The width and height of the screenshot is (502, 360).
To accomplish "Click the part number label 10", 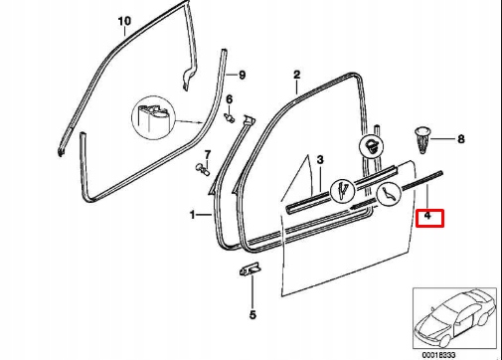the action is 124,21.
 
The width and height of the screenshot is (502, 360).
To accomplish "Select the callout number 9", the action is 243,75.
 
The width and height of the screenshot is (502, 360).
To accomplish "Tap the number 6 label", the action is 230,99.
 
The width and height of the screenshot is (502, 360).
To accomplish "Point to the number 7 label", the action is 208,155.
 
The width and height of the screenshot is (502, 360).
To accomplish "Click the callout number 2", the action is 296,75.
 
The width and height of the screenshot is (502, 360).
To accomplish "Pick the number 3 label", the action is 320,160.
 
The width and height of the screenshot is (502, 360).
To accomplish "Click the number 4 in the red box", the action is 427,216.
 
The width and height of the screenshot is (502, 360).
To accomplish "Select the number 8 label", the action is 461,139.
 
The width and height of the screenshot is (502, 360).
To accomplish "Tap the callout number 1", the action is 193,215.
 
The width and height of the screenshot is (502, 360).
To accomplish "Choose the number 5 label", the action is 252,314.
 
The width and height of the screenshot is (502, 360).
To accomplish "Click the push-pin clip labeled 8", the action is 421,139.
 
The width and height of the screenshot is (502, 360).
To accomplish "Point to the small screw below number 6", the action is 229,117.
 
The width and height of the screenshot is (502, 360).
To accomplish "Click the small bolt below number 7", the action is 203,169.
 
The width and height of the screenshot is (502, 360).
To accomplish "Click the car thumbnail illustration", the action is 454,318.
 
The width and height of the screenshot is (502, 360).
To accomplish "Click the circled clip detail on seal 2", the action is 371,146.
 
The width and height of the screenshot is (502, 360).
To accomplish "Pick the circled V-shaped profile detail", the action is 343,191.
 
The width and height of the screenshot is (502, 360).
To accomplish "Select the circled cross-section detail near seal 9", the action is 153,117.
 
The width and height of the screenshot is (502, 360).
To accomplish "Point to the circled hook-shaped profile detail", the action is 389,194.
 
